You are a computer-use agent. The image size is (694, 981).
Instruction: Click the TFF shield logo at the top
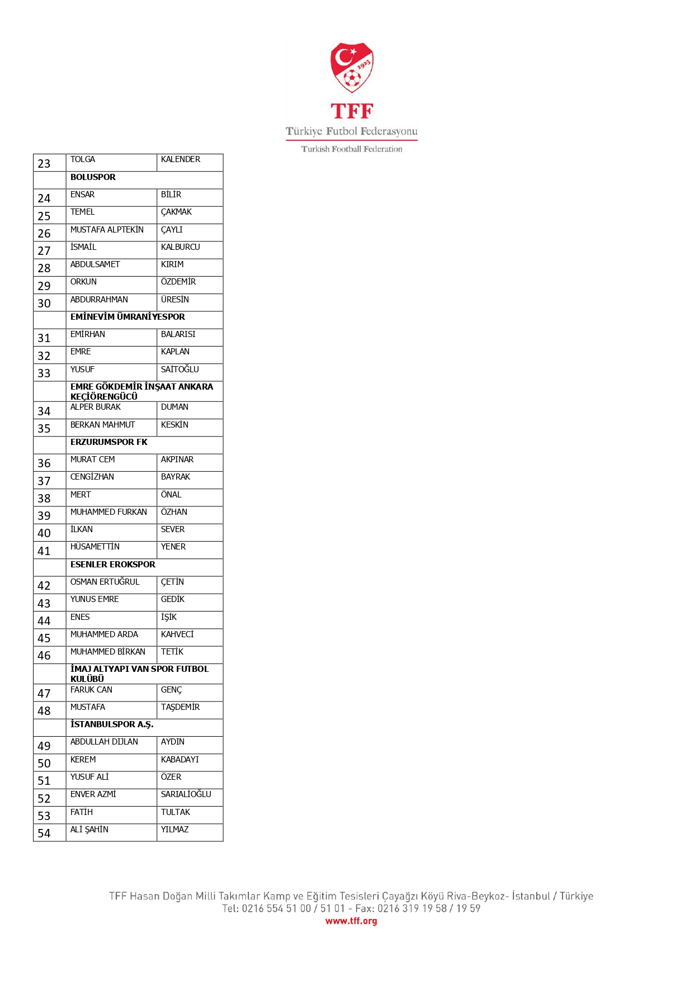352,68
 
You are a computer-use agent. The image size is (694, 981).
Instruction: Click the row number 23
44,164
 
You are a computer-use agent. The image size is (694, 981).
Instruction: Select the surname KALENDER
180,159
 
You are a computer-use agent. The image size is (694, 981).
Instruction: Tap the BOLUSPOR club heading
93,177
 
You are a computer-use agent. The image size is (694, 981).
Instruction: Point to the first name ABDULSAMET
95,264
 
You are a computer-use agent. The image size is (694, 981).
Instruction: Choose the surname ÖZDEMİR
178,282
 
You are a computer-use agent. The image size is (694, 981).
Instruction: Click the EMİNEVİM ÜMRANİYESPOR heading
128,317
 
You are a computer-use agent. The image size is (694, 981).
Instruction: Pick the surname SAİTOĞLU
180,369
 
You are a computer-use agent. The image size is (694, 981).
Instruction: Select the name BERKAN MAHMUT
102,425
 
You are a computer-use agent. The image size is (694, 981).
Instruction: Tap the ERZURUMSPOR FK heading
108,442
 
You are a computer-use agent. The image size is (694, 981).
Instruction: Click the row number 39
44,516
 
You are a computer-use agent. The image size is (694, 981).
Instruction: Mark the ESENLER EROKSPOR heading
113,565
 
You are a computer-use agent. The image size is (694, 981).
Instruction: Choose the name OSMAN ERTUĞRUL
105,582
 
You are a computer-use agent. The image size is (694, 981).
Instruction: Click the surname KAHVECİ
177,634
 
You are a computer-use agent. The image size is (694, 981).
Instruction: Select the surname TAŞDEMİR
180,707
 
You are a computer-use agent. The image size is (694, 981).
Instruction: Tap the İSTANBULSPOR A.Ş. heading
112,724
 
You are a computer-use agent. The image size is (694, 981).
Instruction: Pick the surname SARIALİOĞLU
186,794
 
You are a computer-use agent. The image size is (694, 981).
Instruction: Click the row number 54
44,833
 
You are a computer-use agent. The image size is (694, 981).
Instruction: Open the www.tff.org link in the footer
351,921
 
